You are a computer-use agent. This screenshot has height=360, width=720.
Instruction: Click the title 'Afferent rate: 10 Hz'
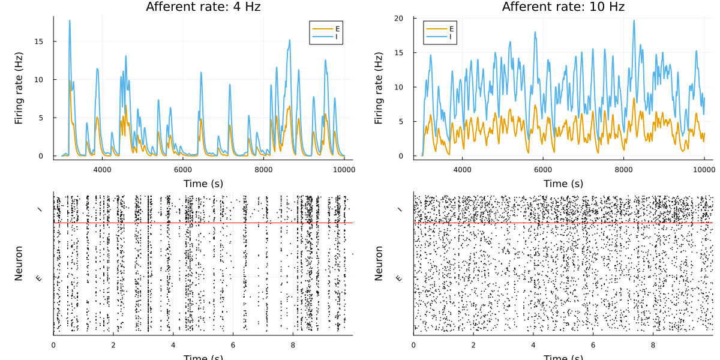click(x=563, y=7)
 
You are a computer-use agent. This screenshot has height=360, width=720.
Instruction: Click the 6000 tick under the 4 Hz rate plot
click(x=182, y=170)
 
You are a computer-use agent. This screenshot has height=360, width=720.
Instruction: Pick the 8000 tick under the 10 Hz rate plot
click(x=623, y=170)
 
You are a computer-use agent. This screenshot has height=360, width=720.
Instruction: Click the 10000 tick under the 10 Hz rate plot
click(x=704, y=170)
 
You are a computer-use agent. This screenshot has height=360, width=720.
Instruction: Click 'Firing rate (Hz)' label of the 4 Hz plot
click(x=19, y=88)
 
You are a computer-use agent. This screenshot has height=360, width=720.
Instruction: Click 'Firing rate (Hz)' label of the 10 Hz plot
click(x=379, y=88)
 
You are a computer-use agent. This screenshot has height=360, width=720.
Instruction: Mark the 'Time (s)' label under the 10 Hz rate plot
click(x=563, y=183)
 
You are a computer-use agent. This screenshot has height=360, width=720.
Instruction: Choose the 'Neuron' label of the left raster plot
click(x=19, y=263)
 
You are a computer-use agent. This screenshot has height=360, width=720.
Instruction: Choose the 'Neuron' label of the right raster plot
click(x=379, y=263)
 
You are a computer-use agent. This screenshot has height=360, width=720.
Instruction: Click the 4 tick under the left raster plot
click(x=173, y=345)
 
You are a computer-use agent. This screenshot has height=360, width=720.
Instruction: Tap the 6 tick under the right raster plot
click(x=593, y=345)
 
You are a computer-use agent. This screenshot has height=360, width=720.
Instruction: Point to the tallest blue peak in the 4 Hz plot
click(x=70, y=20)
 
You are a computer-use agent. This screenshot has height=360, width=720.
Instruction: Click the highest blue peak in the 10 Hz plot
click(x=634, y=20)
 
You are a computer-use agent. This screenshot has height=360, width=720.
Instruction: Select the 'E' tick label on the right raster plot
click(x=400, y=278)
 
